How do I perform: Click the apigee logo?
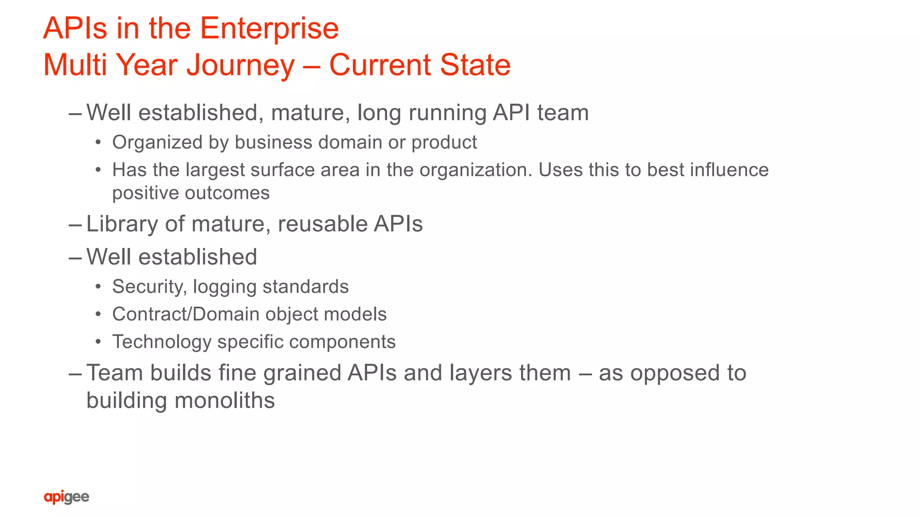(x=66, y=497)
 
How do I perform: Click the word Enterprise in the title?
(x=269, y=29)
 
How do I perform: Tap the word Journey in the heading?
(x=241, y=65)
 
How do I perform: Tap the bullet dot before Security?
(x=98, y=287)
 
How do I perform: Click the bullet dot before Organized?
(x=98, y=143)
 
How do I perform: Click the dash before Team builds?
(x=75, y=374)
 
